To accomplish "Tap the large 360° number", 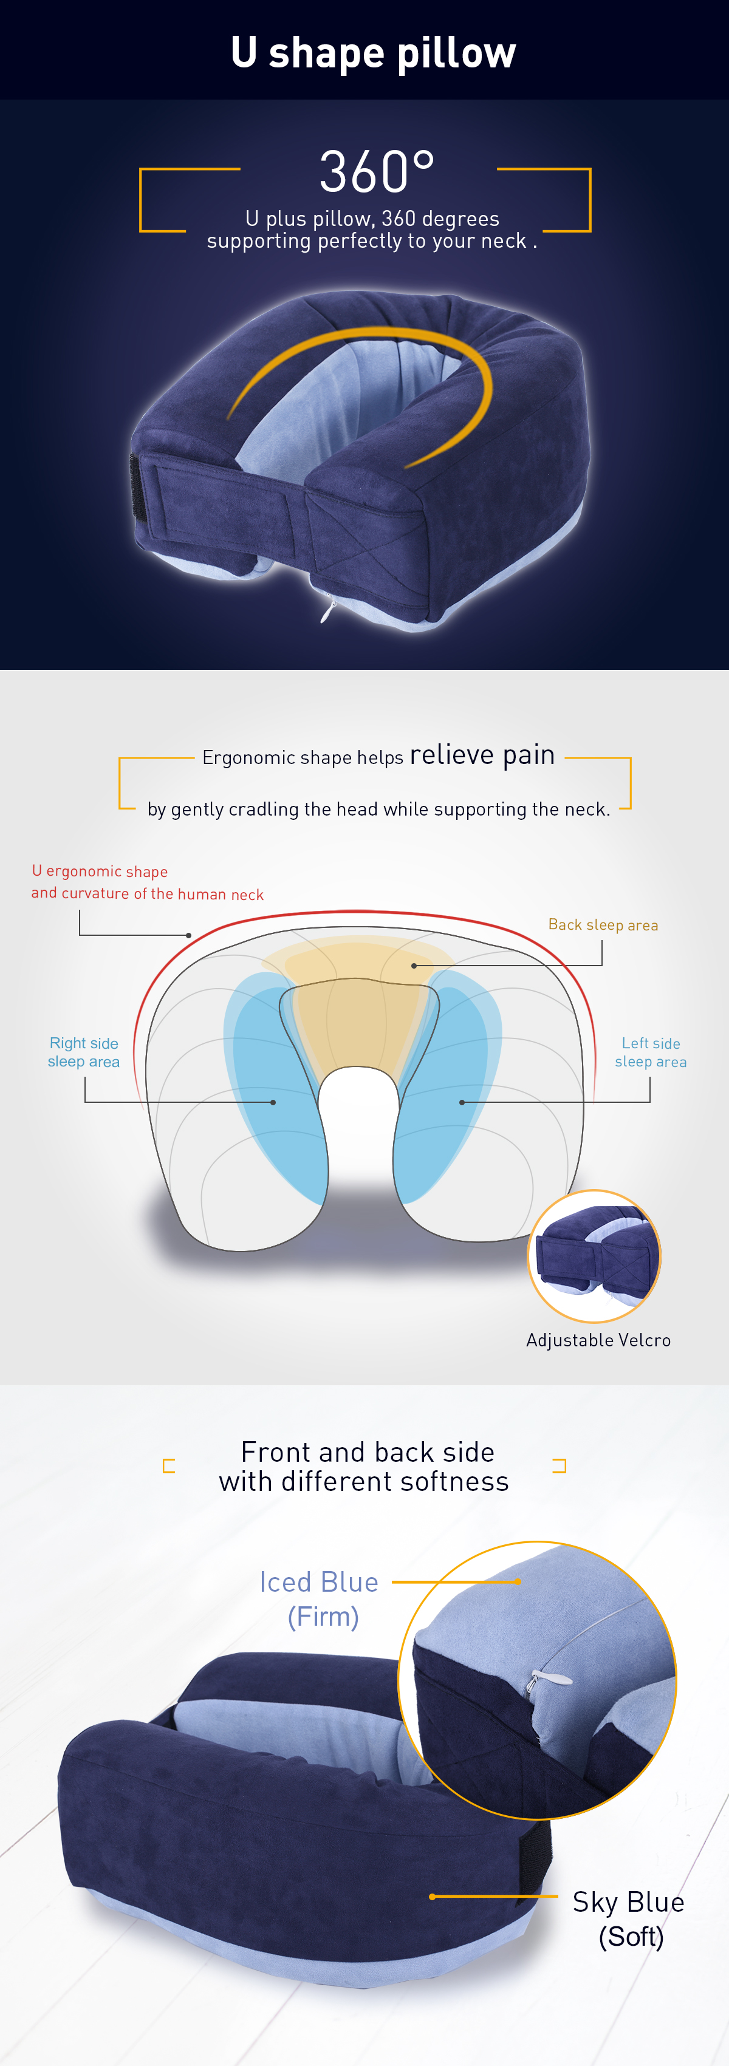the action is coord(377,172).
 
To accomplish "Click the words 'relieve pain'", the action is coord(482,755).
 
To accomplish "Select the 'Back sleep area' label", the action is coord(603,925).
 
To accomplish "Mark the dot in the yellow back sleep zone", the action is coord(414,966).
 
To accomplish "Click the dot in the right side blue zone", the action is coord(273,1102).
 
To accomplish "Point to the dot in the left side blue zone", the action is coord(461,1102).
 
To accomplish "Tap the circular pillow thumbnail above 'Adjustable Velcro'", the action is coord(594,1256).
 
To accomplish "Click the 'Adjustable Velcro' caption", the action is coord(598,1340).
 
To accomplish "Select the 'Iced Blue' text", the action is coord(319,1581).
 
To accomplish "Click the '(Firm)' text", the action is coord(323,1617).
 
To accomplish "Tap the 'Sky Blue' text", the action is coord(629,1901).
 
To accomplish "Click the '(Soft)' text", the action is coord(631,1937).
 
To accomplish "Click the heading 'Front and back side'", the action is coord(368,1451).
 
